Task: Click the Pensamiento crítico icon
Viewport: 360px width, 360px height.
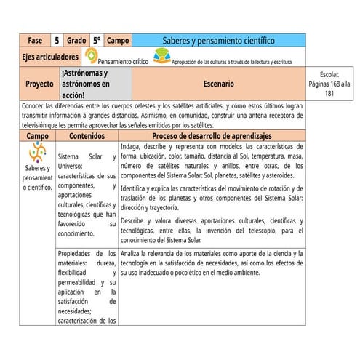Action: click(x=91, y=55)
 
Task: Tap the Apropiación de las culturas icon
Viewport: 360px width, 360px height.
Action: click(x=161, y=55)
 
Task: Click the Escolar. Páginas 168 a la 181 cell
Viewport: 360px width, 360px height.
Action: click(x=329, y=84)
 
